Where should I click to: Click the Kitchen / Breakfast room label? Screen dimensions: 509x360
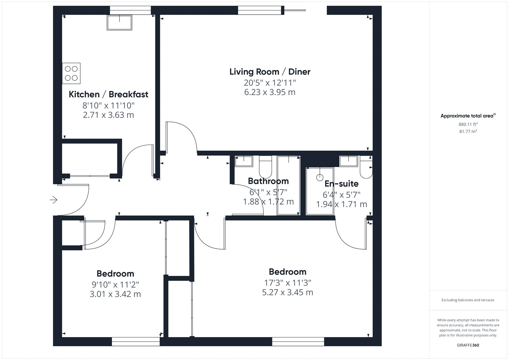pyautogui.click(x=108, y=95)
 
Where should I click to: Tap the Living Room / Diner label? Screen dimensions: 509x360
pyautogui.click(x=270, y=72)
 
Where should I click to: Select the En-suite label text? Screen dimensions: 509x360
pyautogui.click(x=342, y=184)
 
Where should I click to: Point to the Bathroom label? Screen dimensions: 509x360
pyautogui.click(x=268, y=181)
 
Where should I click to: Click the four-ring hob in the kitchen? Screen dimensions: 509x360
pyautogui.click(x=71, y=73)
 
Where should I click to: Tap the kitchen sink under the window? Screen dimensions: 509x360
pyautogui.click(x=120, y=23)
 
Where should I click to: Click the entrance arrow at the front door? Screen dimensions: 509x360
pyautogui.click(x=54, y=200)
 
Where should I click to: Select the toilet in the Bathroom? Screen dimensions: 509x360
pyautogui.click(x=265, y=167)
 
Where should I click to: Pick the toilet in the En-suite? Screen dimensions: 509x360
pyautogui.click(x=366, y=167)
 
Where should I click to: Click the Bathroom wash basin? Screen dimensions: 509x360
pyautogui.click(x=244, y=161)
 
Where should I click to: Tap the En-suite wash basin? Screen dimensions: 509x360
pyautogui.click(x=349, y=161)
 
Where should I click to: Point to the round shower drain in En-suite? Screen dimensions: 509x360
pyautogui.click(x=320, y=177)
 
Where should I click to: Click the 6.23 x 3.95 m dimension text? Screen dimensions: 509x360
pyautogui.click(x=270, y=92)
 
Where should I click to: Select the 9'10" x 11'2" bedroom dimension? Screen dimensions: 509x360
pyautogui.click(x=115, y=285)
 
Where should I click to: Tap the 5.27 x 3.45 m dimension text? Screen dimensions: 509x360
pyautogui.click(x=288, y=292)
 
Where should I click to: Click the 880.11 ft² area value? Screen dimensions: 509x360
pyautogui.click(x=468, y=124)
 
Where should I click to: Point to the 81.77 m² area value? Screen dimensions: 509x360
pyautogui.click(x=468, y=131)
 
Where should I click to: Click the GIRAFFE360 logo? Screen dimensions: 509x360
pyautogui.click(x=468, y=345)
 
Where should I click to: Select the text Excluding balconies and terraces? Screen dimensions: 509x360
pyautogui.click(x=468, y=300)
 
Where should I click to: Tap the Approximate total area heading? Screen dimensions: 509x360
pyautogui.click(x=468, y=116)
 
